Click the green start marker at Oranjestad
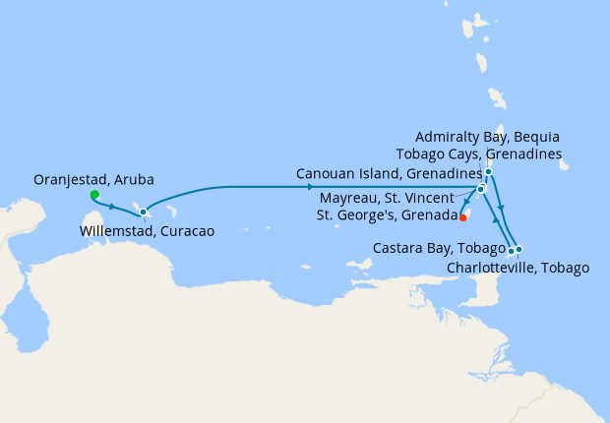click(94, 195)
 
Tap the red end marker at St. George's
click(462, 218)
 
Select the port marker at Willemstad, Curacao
click(143, 211)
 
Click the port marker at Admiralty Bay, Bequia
click(488, 173)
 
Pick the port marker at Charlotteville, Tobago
click(518, 249)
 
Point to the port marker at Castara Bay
click(510, 251)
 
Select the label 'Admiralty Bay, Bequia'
click(488, 137)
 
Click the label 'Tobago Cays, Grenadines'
click(478, 154)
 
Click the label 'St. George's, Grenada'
click(385, 215)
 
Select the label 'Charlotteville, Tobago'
click(518, 267)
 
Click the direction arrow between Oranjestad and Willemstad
click(114, 207)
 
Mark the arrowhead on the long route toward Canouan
click(311, 187)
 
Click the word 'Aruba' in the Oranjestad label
click(136, 180)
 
